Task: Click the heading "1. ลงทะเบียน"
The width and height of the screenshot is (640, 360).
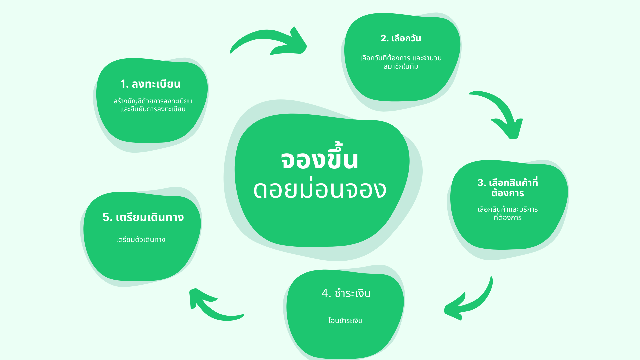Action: coord(150,84)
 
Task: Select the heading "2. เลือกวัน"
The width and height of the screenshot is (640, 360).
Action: coord(401,38)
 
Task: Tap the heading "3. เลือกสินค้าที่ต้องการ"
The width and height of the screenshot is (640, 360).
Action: coord(508,188)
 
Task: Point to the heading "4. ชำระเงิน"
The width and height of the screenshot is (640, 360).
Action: coord(346,293)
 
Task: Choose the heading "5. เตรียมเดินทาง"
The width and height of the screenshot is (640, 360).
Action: coord(143,217)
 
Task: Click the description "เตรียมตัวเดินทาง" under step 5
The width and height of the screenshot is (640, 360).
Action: coord(141,240)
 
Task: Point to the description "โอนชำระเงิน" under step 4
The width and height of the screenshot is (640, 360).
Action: coord(345,320)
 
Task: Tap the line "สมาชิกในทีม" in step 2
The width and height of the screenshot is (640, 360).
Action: coord(401,66)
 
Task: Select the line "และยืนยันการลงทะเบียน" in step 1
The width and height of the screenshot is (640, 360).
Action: coord(153,109)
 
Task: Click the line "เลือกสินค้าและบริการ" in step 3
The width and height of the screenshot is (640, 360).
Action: coord(508,209)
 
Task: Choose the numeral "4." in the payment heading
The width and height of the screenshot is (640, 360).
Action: coord(326,293)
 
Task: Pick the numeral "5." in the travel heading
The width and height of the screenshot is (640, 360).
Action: coord(107,217)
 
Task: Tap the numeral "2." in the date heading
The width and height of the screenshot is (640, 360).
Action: coord(385,39)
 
